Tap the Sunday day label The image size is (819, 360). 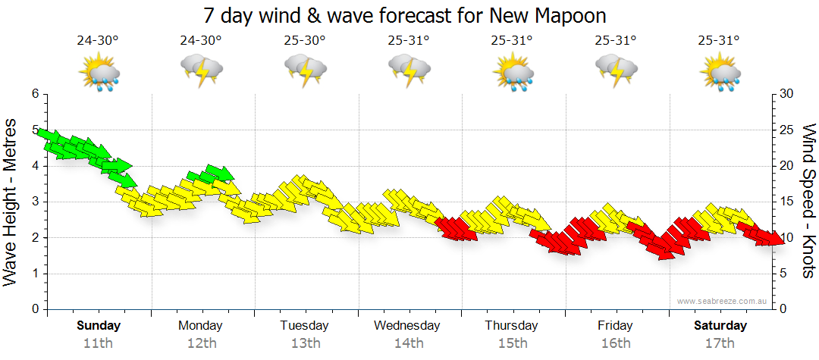tap(99, 326)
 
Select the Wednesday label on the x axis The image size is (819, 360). tap(407, 326)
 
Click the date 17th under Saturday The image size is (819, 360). tap(720, 343)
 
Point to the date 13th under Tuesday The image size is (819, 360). tap(304, 343)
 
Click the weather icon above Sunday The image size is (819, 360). tap(99, 72)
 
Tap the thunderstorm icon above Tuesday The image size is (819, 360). tap(305, 72)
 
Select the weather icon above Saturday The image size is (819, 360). tap(720, 72)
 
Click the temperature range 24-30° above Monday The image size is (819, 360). tap(201, 41)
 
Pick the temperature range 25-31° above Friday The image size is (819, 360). tap(615, 41)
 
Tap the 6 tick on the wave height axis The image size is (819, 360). tap(34, 94)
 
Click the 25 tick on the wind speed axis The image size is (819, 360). tap(786, 130)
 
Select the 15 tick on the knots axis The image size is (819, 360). tap(786, 202)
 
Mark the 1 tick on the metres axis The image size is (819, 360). tap(34, 274)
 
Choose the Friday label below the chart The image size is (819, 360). tap(615, 326)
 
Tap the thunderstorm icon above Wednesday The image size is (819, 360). tap(409, 72)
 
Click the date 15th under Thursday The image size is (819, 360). tap(513, 343)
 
